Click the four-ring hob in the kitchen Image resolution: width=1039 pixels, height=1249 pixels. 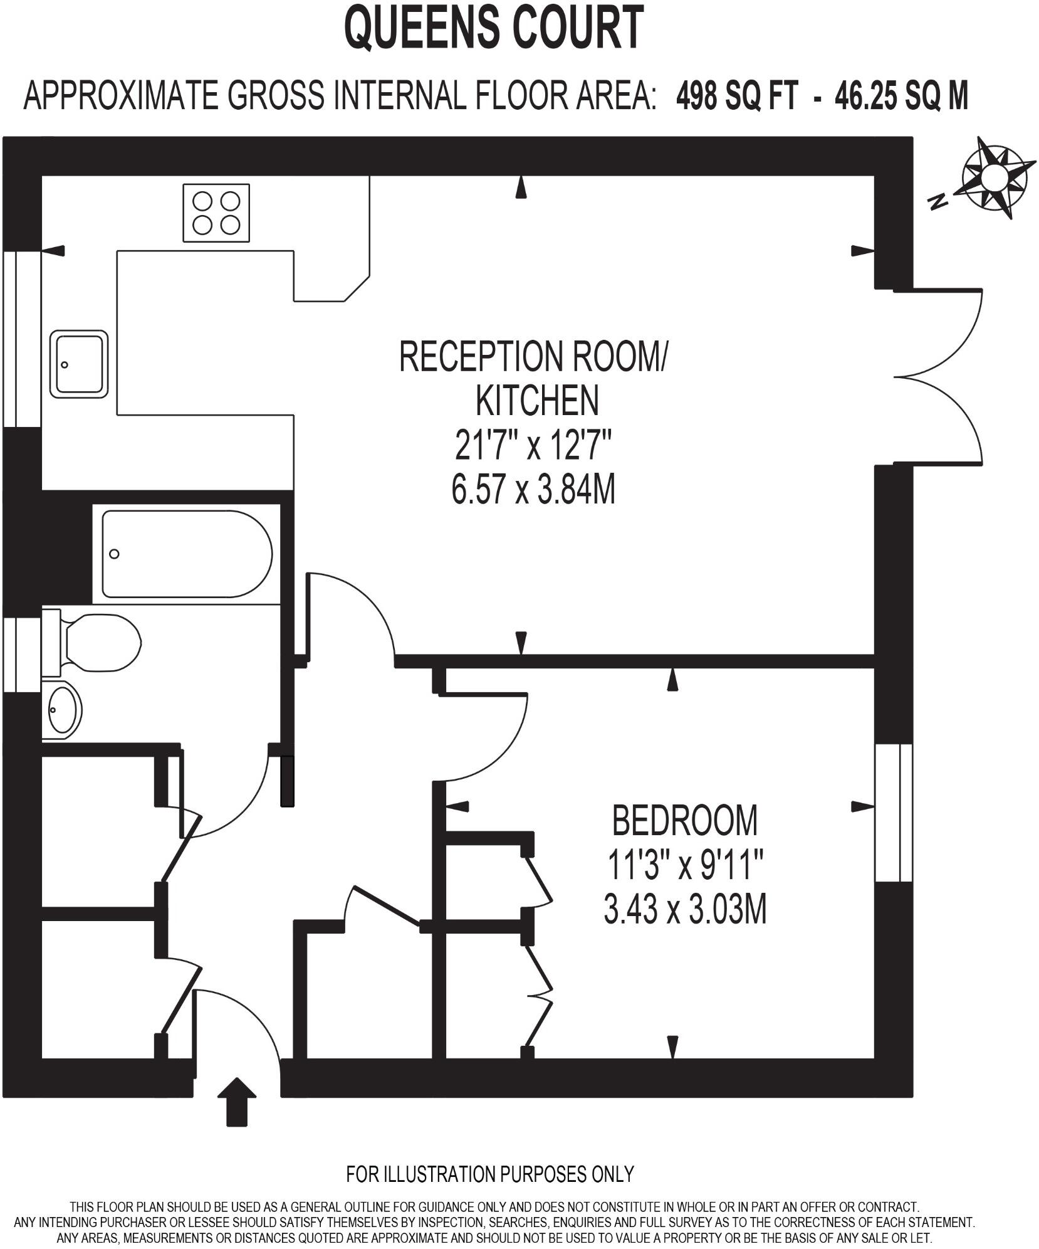pos(216,213)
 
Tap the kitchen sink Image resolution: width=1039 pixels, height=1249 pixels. pos(79,364)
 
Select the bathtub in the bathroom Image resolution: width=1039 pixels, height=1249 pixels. pos(186,554)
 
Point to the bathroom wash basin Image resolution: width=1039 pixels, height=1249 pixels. pos(63,710)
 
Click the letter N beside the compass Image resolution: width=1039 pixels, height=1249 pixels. pos(938,201)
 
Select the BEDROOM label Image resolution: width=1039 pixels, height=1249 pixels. pos(684,820)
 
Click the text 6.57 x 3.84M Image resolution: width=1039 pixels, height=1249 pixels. pos(533,490)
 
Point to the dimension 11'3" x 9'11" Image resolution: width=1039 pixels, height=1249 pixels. pos(684,865)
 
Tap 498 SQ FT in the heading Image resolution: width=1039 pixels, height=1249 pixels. pos(737,97)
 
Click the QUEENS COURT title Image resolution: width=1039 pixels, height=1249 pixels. pos(494,28)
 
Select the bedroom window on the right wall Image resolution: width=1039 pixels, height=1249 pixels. pos(894,813)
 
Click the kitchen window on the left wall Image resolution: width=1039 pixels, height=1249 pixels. pos(22,339)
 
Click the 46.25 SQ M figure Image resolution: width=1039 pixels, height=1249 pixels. pos(901,97)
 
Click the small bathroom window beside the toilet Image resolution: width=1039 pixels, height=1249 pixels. pos(22,655)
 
